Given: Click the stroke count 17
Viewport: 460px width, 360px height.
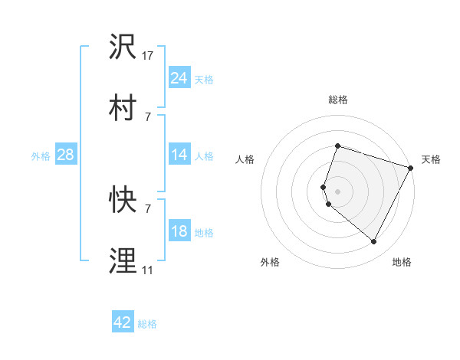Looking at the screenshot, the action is click(148, 56).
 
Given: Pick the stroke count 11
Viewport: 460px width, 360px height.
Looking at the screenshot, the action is click(148, 270).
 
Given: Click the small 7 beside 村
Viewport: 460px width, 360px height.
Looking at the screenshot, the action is click(148, 116).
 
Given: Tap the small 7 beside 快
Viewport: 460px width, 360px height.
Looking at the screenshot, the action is click(148, 208).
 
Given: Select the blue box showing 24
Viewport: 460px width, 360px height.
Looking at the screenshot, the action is click(179, 78).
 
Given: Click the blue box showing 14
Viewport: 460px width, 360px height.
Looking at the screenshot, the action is click(179, 155).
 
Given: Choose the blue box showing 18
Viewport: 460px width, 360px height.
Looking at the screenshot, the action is click(179, 232).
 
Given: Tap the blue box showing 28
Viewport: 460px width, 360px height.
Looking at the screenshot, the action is click(66, 155).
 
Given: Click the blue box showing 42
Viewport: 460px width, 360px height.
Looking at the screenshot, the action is click(123, 322).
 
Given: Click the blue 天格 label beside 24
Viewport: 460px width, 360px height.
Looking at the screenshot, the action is click(204, 80).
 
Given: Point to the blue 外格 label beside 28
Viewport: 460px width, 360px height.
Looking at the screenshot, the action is click(41, 156).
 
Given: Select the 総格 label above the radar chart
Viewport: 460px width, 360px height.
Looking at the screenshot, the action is click(337, 100).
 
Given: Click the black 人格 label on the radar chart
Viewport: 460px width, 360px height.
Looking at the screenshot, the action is click(245, 159).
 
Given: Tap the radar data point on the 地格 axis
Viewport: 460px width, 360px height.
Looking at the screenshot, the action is click(374, 242).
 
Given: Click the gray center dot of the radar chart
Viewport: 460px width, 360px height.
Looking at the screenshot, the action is click(337, 191).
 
